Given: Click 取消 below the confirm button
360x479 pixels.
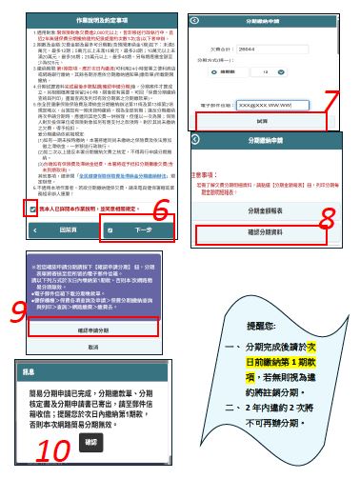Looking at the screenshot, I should (92, 347).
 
